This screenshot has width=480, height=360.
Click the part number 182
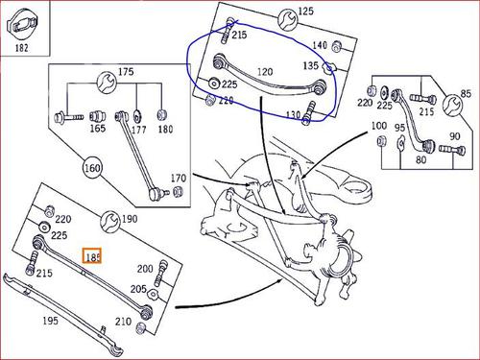(x=22, y=48)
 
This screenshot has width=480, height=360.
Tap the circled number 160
(x=92, y=168)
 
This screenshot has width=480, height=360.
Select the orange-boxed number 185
(x=92, y=256)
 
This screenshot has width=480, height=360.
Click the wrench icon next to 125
(x=287, y=19)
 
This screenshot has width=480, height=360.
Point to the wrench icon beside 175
(x=107, y=83)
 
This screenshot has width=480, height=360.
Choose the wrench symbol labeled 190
(x=110, y=221)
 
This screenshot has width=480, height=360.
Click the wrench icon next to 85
(x=452, y=105)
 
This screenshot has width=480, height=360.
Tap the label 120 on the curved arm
(x=265, y=72)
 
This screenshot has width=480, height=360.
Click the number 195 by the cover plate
(x=51, y=321)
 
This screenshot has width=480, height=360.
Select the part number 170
(x=179, y=178)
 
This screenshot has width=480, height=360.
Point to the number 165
(x=98, y=129)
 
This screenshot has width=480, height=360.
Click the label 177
(x=139, y=130)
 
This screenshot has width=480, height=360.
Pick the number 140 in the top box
(x=320, y=45)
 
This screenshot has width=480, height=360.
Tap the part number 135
(x=311, y=65)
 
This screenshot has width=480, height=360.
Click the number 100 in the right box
(x=379, y=126)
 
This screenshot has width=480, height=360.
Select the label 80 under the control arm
(x=420, y=159)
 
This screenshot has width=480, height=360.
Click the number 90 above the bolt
(x=455, y=136)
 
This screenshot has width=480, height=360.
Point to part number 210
(x=123, y=322)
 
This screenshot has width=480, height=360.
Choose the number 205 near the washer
(x=138, y=289)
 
